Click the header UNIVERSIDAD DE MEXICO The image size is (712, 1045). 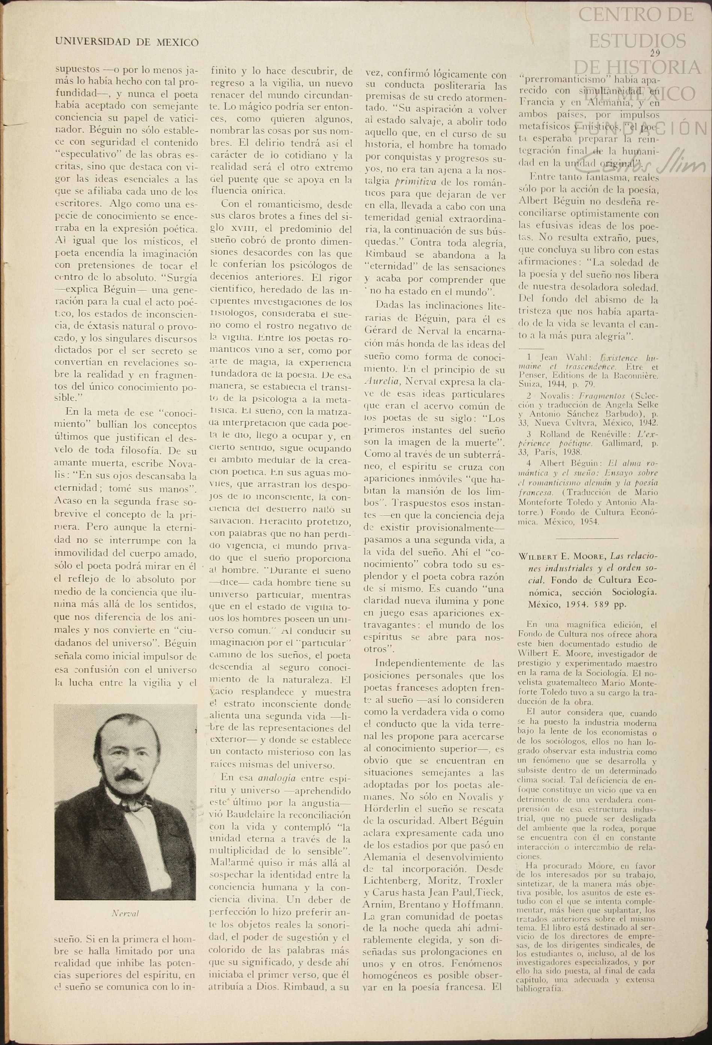127,42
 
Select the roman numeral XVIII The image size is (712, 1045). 244,229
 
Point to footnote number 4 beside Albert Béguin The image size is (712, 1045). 529,463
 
